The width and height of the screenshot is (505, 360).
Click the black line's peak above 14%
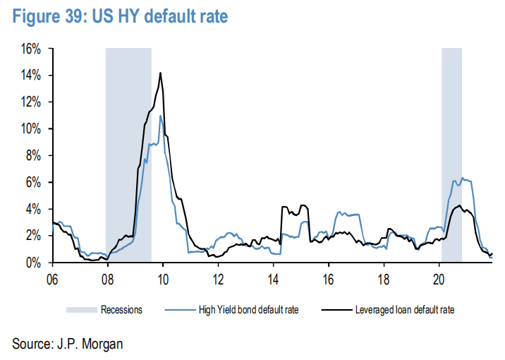(161, 73)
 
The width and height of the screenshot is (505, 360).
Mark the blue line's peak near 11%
(161, 116)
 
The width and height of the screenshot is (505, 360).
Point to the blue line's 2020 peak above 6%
(462, 178)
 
